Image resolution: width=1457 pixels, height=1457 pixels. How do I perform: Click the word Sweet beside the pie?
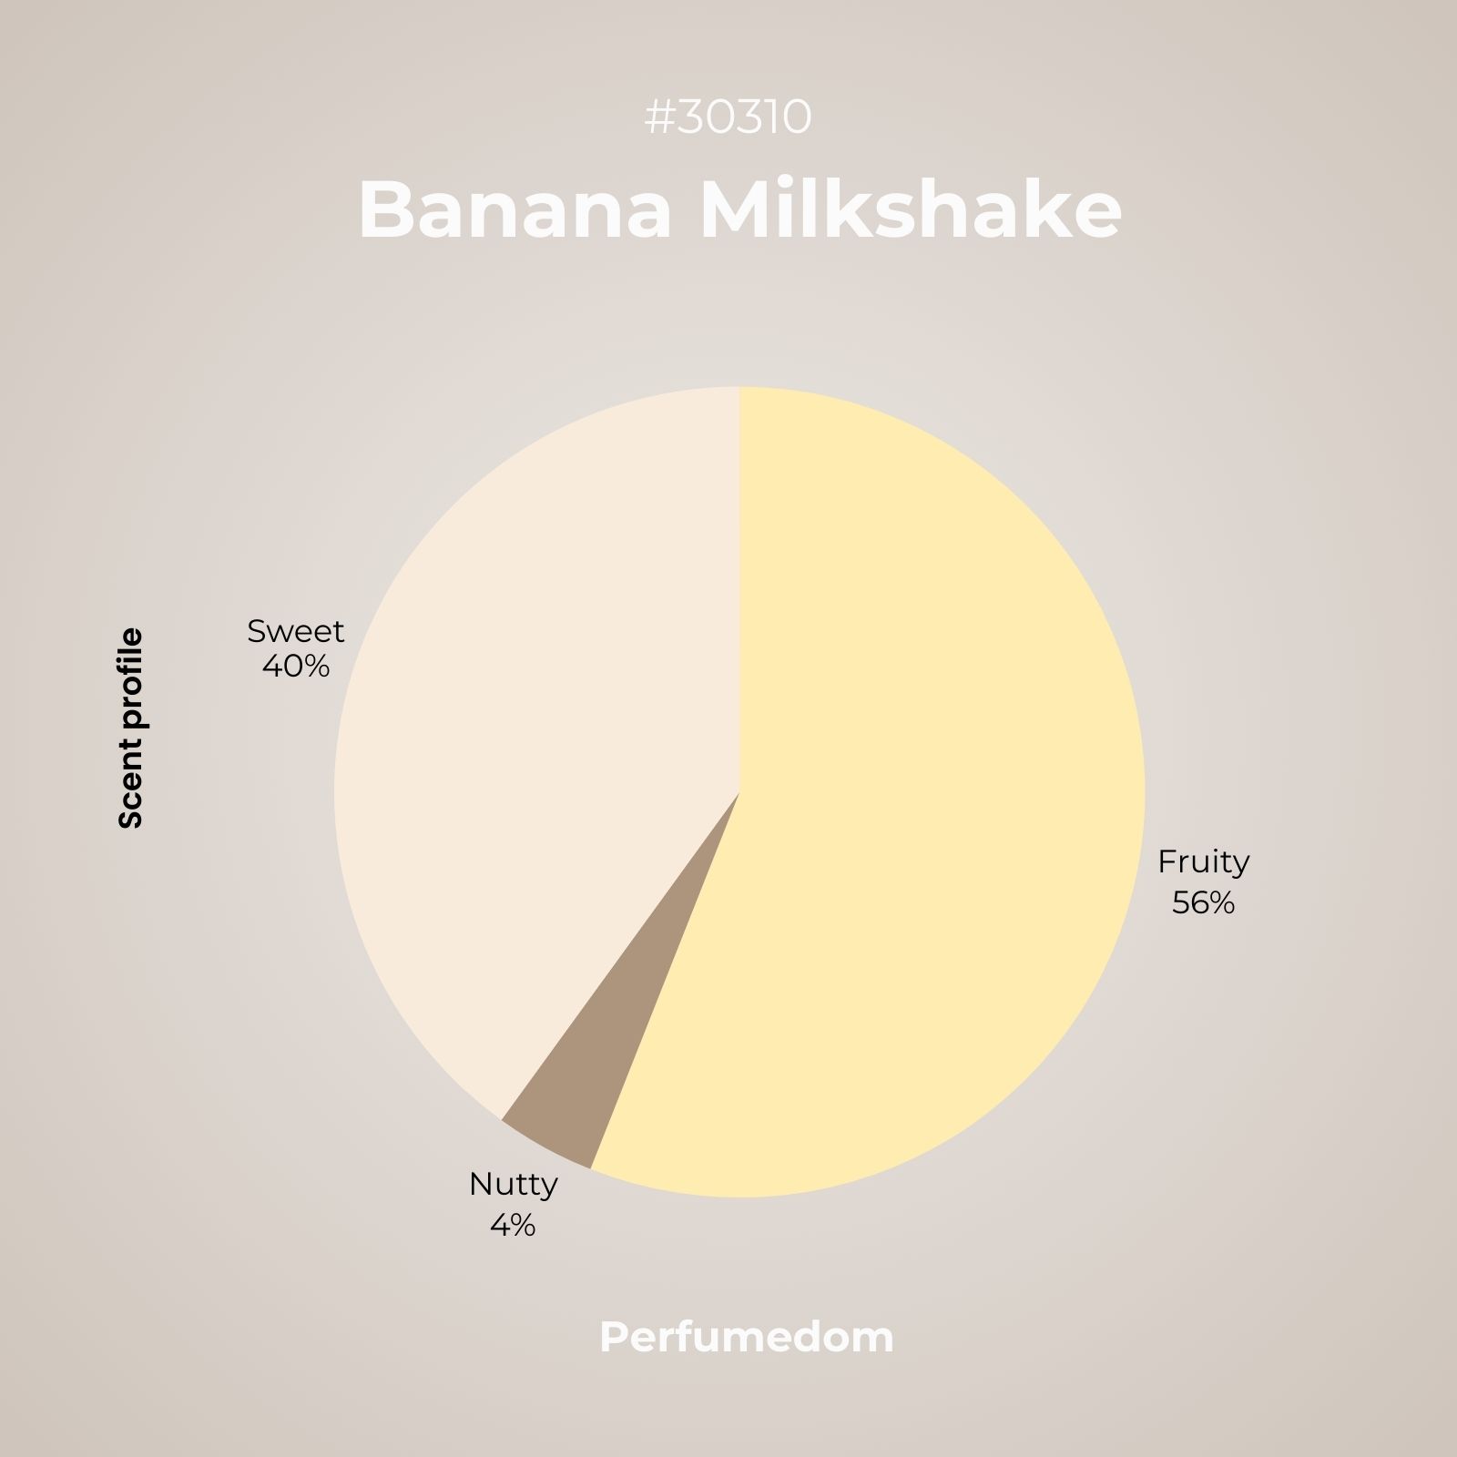tap(296, 631)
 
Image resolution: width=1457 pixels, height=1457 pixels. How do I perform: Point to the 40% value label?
tap(296, 667)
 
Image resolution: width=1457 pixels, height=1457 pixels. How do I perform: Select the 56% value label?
tap(1204, 903)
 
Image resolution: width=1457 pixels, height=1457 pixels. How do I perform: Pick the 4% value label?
tap(513, 1226)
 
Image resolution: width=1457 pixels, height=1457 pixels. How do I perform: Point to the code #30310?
tap(728, 117)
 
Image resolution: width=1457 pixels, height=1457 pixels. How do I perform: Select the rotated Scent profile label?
tap(131, 728)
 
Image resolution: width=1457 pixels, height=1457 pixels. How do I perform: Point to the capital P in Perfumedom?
tap(614, 1338)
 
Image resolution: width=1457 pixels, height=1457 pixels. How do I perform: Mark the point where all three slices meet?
tap(739, 792)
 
